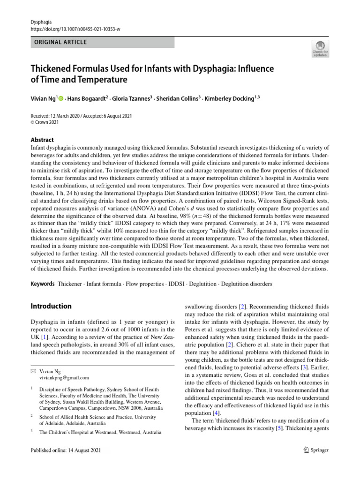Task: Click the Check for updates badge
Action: pyautogui.click(x=320, y=48)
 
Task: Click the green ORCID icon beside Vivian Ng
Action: pyautogui.click(x=61, y=98)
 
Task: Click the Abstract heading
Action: pyautogui.click(x=42, y=140)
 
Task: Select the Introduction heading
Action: pyautogui.click(x=51, y=306)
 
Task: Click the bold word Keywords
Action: pyautogui.click(x=43, y=284)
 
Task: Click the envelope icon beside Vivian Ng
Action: pyautogui.click(x=33, y=370)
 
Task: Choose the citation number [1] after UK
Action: pyautogui.click(x=43, y=337)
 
